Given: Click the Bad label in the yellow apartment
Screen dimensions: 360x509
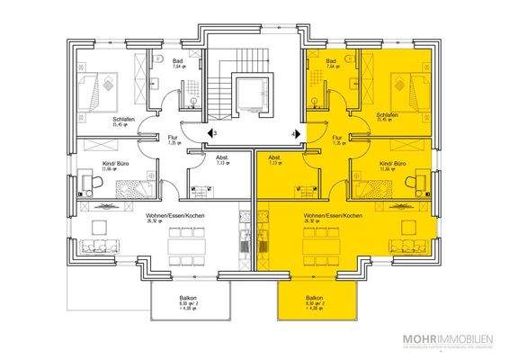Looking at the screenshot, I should coord(332,60).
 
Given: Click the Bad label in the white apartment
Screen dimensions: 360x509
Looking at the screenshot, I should coord(178,60).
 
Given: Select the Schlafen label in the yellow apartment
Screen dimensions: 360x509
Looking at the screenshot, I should coord(388,116).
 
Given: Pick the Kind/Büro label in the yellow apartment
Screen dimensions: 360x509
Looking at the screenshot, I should coord(393,164).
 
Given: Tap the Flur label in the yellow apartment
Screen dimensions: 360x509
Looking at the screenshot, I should coord(339,137).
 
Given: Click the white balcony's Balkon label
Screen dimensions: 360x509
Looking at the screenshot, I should coord(186,297).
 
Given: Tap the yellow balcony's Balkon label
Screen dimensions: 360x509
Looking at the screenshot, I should coord(314,297).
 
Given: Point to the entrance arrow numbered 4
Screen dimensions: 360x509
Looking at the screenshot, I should coord(295,133).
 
